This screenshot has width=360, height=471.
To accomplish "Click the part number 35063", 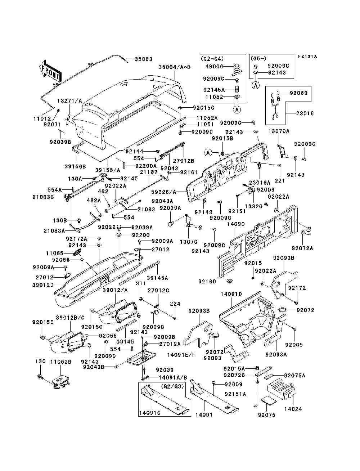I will (144, 59).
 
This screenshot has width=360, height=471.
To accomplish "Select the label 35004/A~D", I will (174, 67).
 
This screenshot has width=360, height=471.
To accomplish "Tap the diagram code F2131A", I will (307, 57).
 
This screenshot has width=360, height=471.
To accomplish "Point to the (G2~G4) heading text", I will (213, 58).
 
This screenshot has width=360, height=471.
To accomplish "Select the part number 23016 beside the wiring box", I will (305, 113).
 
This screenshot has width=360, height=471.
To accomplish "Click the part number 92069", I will (299, 93).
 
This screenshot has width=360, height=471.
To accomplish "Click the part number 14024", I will (293, 409).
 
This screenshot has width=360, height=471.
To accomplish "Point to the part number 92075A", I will (294, 376).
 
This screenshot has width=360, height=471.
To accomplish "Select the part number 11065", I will (54, 254).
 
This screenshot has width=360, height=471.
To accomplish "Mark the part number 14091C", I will (149, 413).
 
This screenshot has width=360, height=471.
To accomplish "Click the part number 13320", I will (254, 207).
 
